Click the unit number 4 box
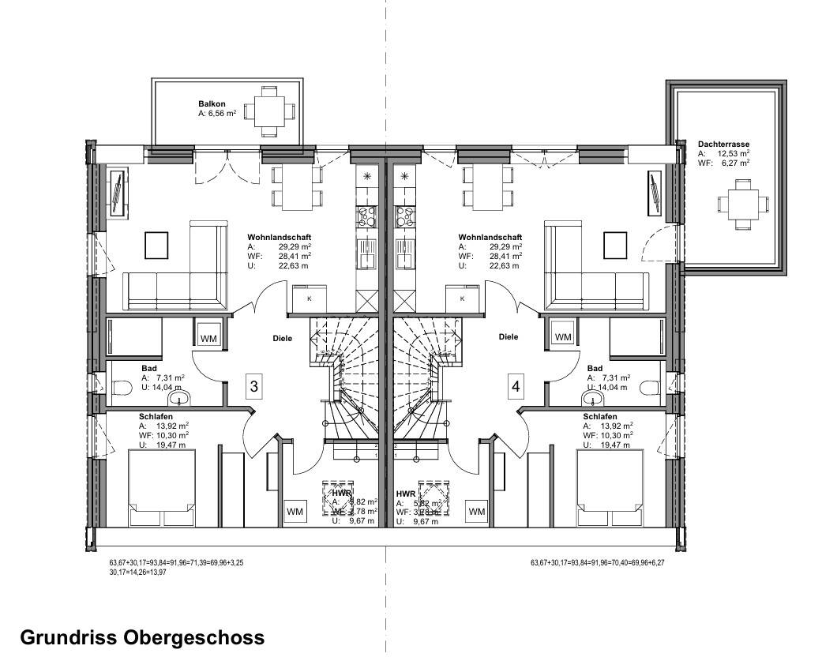516,386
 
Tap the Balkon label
212,104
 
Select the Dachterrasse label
723,145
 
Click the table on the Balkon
268,111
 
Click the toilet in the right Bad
649,388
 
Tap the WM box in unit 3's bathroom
209,338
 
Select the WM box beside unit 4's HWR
477,512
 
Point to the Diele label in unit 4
509,336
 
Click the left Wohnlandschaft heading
279,237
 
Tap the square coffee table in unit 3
156,246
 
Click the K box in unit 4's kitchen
461,298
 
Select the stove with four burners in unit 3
367,216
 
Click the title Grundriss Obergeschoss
142,636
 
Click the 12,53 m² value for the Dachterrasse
734,153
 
